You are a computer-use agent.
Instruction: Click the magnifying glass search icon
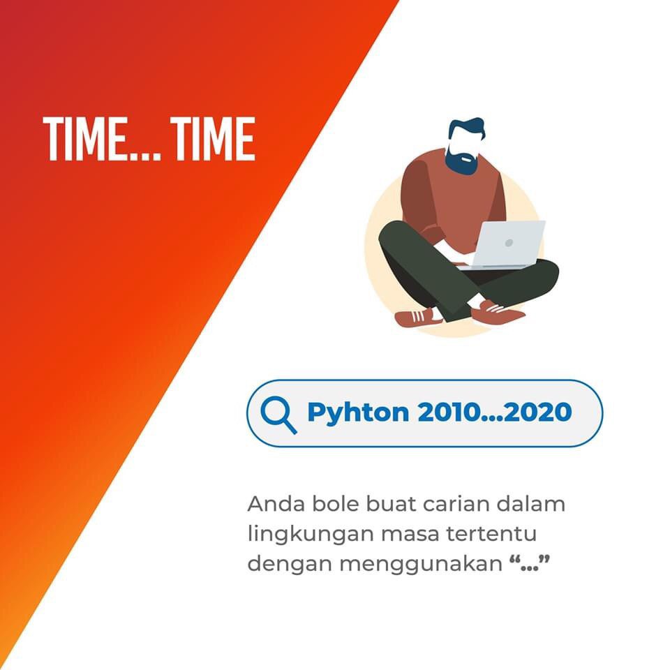coord(278,415)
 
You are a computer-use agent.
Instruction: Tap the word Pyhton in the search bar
coord(358,413)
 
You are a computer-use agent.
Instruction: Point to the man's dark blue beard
coord(461,162)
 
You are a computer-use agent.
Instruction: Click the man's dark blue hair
coord(466,129)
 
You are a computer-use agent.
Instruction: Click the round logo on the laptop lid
coord(509,243)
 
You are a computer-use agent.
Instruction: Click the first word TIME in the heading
coord(85,138)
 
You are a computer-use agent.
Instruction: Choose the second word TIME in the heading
coord(213,138)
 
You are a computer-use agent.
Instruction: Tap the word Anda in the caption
coord(276,504)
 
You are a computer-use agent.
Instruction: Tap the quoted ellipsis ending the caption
coord(530,562)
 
